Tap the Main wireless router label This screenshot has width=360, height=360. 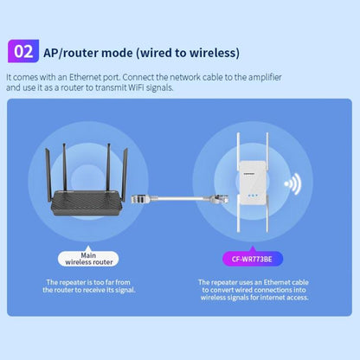coord(88,257)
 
